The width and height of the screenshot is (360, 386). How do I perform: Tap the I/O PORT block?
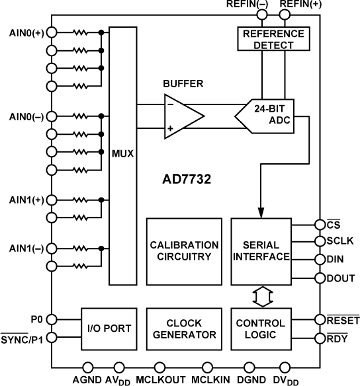[108, 328]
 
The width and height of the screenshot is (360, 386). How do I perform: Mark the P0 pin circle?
[51, 318]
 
